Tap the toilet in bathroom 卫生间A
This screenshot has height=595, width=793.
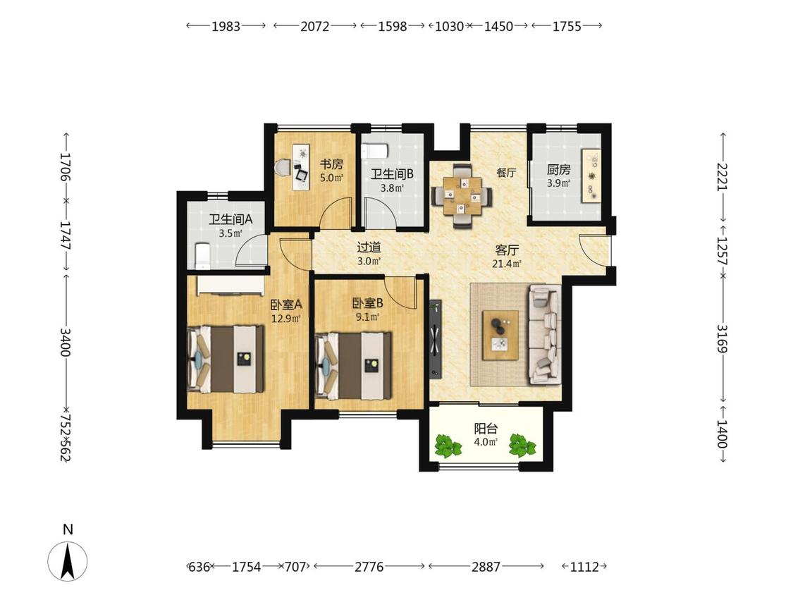pyautogui.click(x=202, y=256)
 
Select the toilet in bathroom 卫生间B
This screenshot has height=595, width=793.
pyautogui.click(x=375, y=151)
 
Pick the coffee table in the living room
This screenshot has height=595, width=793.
pyautogui.click(x=500, y=335)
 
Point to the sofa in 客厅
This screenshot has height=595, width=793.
pyautogui.click(x=544, y=335)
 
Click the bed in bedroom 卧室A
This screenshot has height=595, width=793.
pyautogui.click(x=226, y=359)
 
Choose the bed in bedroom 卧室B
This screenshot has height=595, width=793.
pyautogui.click(x=354, y=365)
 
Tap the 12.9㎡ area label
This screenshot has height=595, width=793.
pyautogui.click(x=286, y=318)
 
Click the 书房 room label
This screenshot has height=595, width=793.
pyautogui.click(x=331, y=164)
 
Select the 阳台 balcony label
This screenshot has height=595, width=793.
pyautogui.click(x=486, y=429)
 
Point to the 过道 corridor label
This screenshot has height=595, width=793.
pyautogui.click(x=369, y=247)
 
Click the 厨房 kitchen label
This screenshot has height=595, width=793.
pyautogui.click(x=558, y=169)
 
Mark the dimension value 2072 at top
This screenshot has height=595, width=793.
pyautogui.click(x=314, y=26)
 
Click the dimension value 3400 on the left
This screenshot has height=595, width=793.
pyautogui.click(x=66, y=342)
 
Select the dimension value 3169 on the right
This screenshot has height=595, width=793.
pyautogui.click(x=723, y=338)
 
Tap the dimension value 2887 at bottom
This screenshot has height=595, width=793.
pyautogui.click(x=486, y=567)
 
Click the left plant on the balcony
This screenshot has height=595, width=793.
pyautogui.click(x=448, y=446)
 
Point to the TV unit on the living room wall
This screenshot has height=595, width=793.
pyautogui.click(x=435, y=339)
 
